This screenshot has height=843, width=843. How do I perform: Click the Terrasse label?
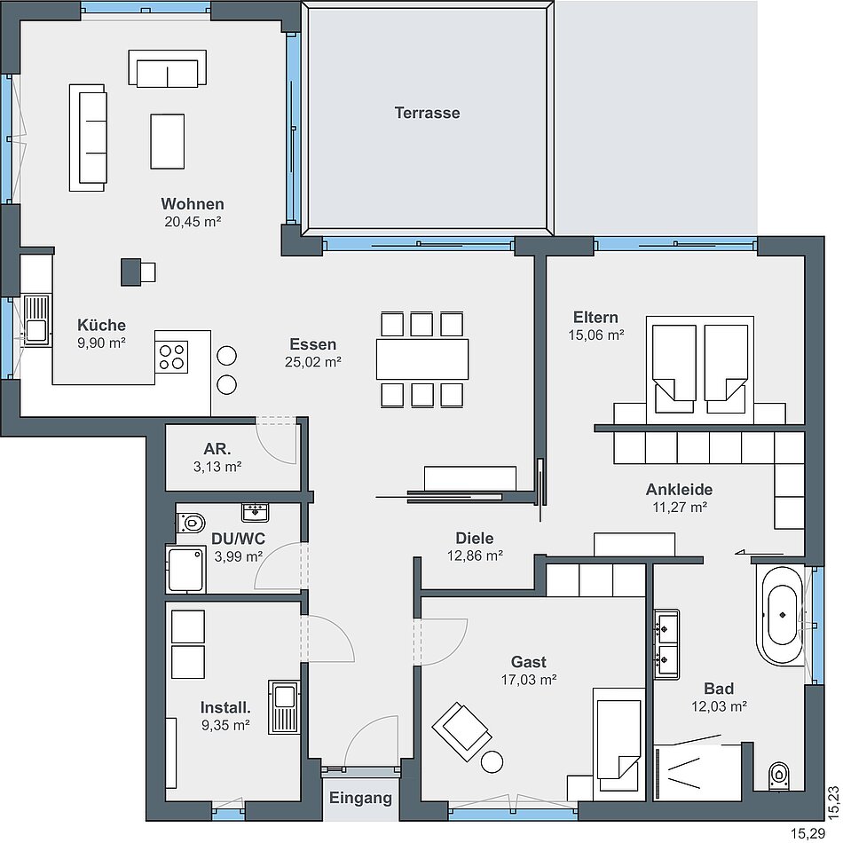point(427,113)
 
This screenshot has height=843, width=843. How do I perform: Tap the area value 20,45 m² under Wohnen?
point(193,222)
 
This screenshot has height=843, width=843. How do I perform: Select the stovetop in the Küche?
point(171,357)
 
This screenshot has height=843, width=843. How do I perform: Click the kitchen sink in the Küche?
point(36,321)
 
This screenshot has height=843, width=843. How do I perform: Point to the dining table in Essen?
point(422,359)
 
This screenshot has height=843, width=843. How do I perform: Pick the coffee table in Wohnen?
point(167,141)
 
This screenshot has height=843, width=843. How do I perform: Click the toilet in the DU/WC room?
point(191,522)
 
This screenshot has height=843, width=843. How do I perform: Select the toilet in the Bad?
point(778,776)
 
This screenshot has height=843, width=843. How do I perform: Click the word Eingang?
point(360,798)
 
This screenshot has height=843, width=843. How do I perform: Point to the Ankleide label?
point(679,490)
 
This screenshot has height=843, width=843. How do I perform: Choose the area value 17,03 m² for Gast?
point(529,680)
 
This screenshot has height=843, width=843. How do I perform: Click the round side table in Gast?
point(492,762)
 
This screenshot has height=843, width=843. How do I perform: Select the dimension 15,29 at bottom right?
point(808,834)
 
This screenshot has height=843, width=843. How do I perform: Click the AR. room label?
point(217,449)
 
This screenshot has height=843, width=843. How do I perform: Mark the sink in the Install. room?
point(284,707)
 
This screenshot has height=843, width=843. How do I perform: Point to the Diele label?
point(474,538)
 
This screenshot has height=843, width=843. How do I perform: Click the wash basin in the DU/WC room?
point(256,512)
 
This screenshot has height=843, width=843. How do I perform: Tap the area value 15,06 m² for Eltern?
point(595,335)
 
